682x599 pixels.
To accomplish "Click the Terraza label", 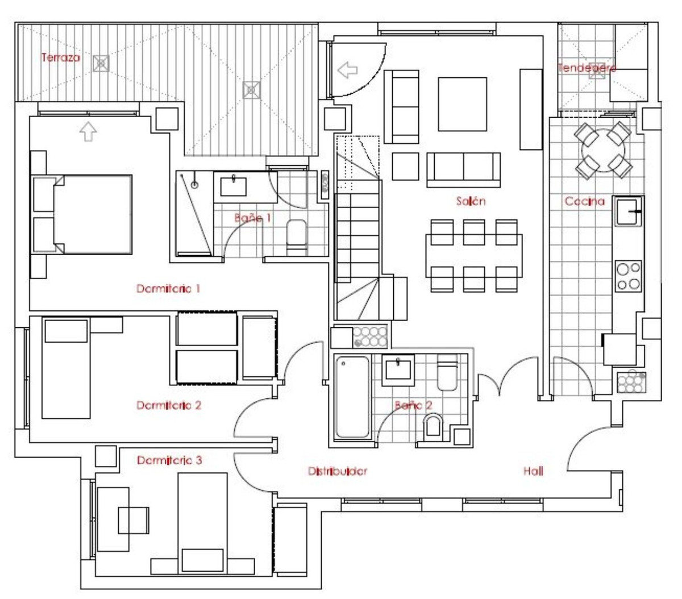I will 61,57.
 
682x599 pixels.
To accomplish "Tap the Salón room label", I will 471,201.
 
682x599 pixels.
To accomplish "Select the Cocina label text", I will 584,201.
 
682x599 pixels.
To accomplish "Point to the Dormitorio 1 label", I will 168,289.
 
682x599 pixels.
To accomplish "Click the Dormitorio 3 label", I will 169,460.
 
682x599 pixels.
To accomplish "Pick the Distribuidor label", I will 337,471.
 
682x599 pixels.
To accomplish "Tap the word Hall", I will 533,471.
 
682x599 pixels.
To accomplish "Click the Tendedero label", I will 587,68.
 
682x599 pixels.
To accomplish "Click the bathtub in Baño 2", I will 352,397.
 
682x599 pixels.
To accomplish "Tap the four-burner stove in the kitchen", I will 629,276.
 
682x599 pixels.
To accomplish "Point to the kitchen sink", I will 627,211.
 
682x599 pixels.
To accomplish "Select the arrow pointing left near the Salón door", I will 347,70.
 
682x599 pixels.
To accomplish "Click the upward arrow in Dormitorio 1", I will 88,132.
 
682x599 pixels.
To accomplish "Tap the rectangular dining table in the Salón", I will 473,256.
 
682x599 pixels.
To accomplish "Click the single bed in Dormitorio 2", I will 66,369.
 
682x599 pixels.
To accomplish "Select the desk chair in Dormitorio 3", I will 133,519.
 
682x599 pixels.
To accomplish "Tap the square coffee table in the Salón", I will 461,104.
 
